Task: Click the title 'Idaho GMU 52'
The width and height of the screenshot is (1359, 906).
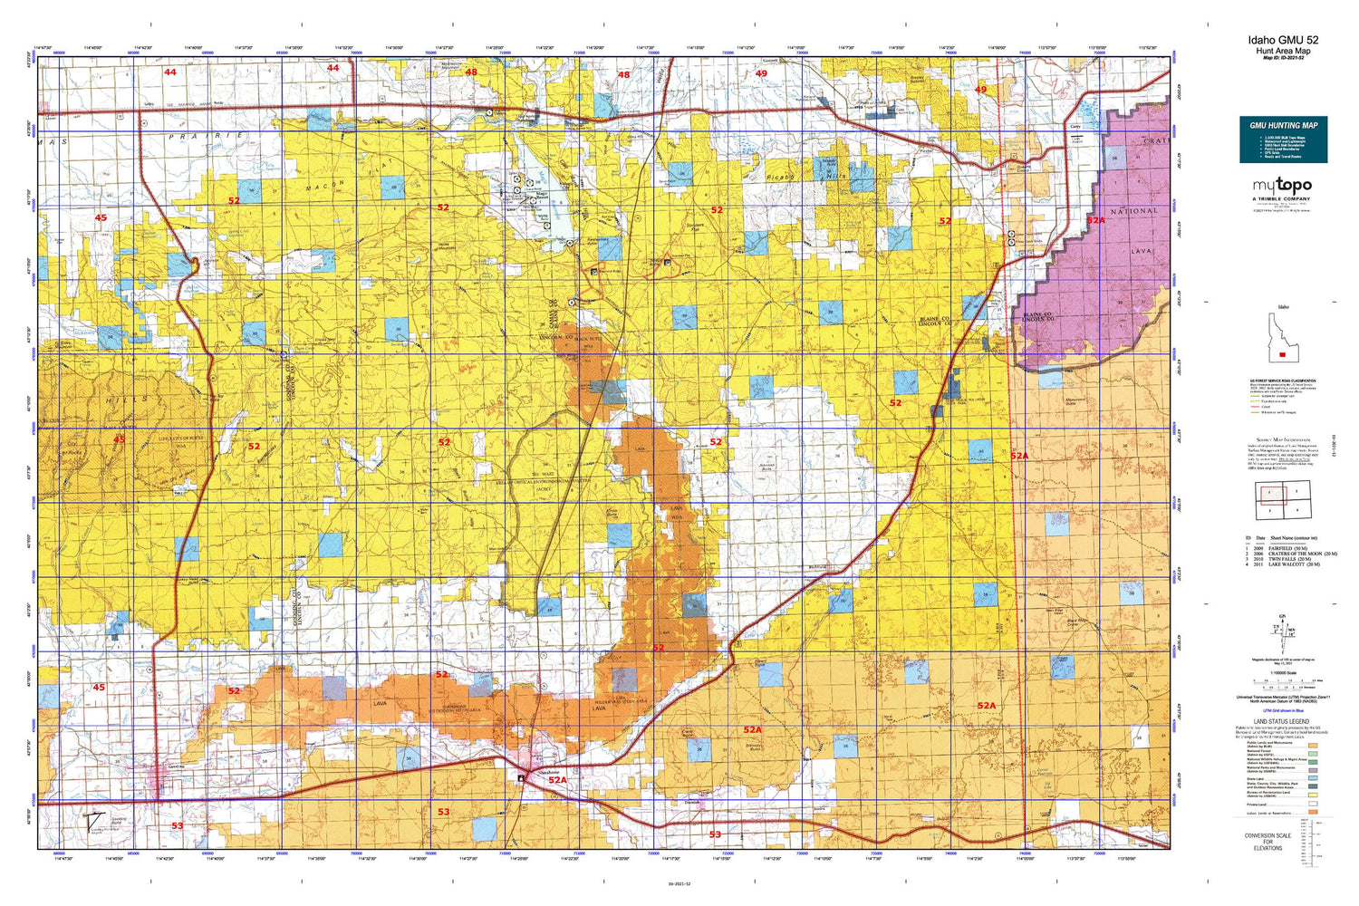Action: click(1283, 40)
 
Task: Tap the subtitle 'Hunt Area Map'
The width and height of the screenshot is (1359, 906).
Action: click(1283, 52)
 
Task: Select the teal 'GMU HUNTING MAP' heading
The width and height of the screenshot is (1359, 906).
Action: click(1283, 125)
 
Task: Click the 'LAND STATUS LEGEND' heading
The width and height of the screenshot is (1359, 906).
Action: click(1281, 722)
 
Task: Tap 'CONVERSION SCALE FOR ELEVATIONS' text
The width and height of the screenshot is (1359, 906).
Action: click(1267, 842)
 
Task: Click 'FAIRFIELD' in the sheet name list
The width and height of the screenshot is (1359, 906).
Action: click(1284, 548)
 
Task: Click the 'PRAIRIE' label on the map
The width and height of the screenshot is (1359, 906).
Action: click(206, 136)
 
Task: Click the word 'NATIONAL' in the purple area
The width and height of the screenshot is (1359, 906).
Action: click(1133, 211)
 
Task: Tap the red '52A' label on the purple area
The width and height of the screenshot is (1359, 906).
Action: click(1095, 220)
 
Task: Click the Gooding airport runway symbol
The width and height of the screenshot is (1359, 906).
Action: click(92, 821)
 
